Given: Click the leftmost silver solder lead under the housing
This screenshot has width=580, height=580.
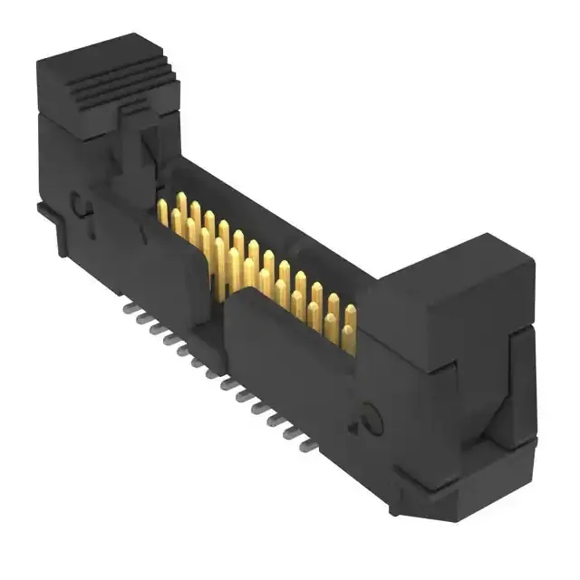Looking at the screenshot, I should (126, 308).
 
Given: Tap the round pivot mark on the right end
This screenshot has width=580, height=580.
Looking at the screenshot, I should (370, 419).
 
